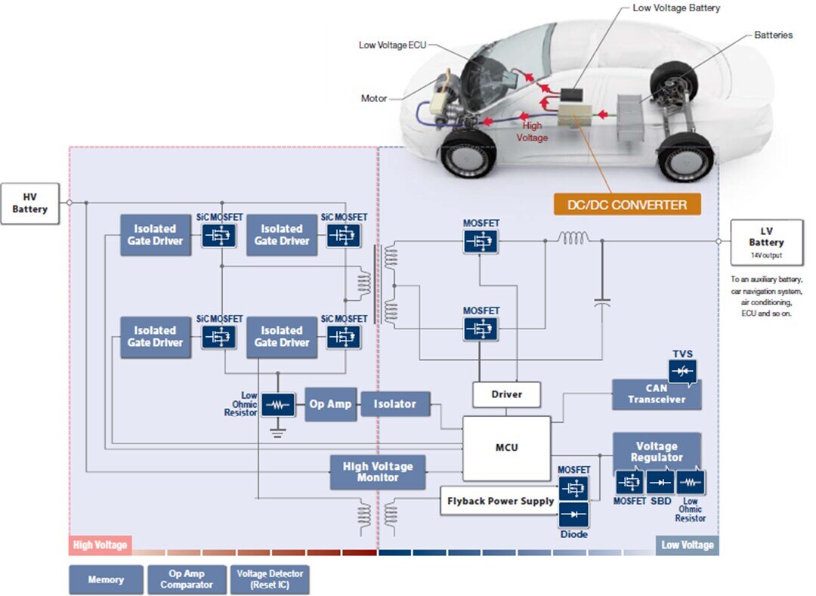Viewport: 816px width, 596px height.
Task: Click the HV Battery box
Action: (29, 202)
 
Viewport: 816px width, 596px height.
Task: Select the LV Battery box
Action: (766, 242)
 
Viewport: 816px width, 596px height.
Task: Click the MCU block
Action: (506, 448)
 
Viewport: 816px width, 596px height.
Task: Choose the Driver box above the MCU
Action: (506, 394)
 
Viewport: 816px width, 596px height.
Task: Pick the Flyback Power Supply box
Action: (500, 501)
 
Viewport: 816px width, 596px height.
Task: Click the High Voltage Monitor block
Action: (378, 472)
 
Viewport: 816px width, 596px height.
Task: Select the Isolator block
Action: (394, 404)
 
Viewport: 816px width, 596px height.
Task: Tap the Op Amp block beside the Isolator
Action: (330, 404)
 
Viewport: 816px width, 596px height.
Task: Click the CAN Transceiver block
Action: (656, 394)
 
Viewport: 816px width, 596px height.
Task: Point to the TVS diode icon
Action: (682, 370)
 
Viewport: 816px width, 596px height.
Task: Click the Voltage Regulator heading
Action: (656, 452)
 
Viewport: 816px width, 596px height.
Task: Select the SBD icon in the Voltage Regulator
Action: (661, 482)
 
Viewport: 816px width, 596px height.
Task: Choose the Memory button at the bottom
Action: (106, 579)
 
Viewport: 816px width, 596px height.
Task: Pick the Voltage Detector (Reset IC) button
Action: (270, 579)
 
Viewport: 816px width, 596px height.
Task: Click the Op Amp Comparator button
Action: (187, 579)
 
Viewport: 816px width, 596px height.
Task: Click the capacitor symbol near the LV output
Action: (602, 301)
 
